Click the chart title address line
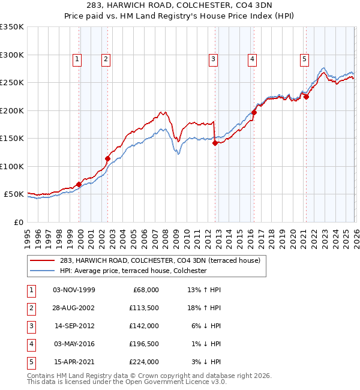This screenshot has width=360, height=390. pos(180,6)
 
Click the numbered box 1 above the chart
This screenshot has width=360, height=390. pos(78,59)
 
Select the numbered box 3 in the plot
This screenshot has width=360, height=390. pos(213,59)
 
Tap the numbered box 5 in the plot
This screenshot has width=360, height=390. pos(305,59)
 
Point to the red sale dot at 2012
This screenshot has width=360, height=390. pos(215,143)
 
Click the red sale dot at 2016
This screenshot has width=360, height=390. pos(254,112)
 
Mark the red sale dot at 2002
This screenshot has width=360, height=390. pos(108,159)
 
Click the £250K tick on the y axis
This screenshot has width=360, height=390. pos(12,83)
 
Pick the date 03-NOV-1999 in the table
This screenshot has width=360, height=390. pos(74,290)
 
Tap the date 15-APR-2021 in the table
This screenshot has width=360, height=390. pos(74,362)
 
